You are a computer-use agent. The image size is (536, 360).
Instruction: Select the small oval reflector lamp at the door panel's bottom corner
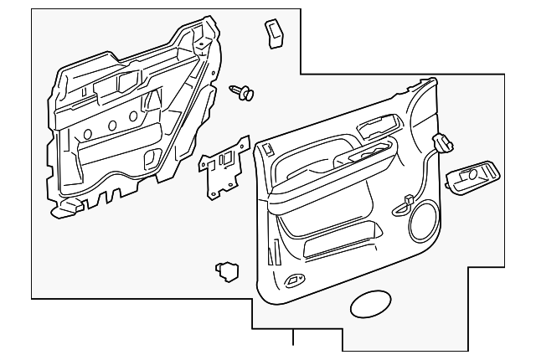coord(294,280)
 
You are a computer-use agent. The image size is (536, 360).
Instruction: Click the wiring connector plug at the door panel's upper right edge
coord(441,143)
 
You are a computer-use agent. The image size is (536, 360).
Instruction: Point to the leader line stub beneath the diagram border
coord(293,337)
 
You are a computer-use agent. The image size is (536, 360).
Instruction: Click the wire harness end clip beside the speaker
coord(408,198)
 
